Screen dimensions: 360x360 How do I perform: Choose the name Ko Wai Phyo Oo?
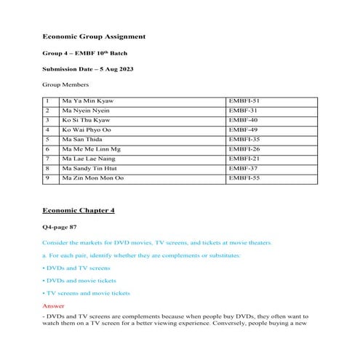point(88,129)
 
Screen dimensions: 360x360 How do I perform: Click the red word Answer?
point(55,305)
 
